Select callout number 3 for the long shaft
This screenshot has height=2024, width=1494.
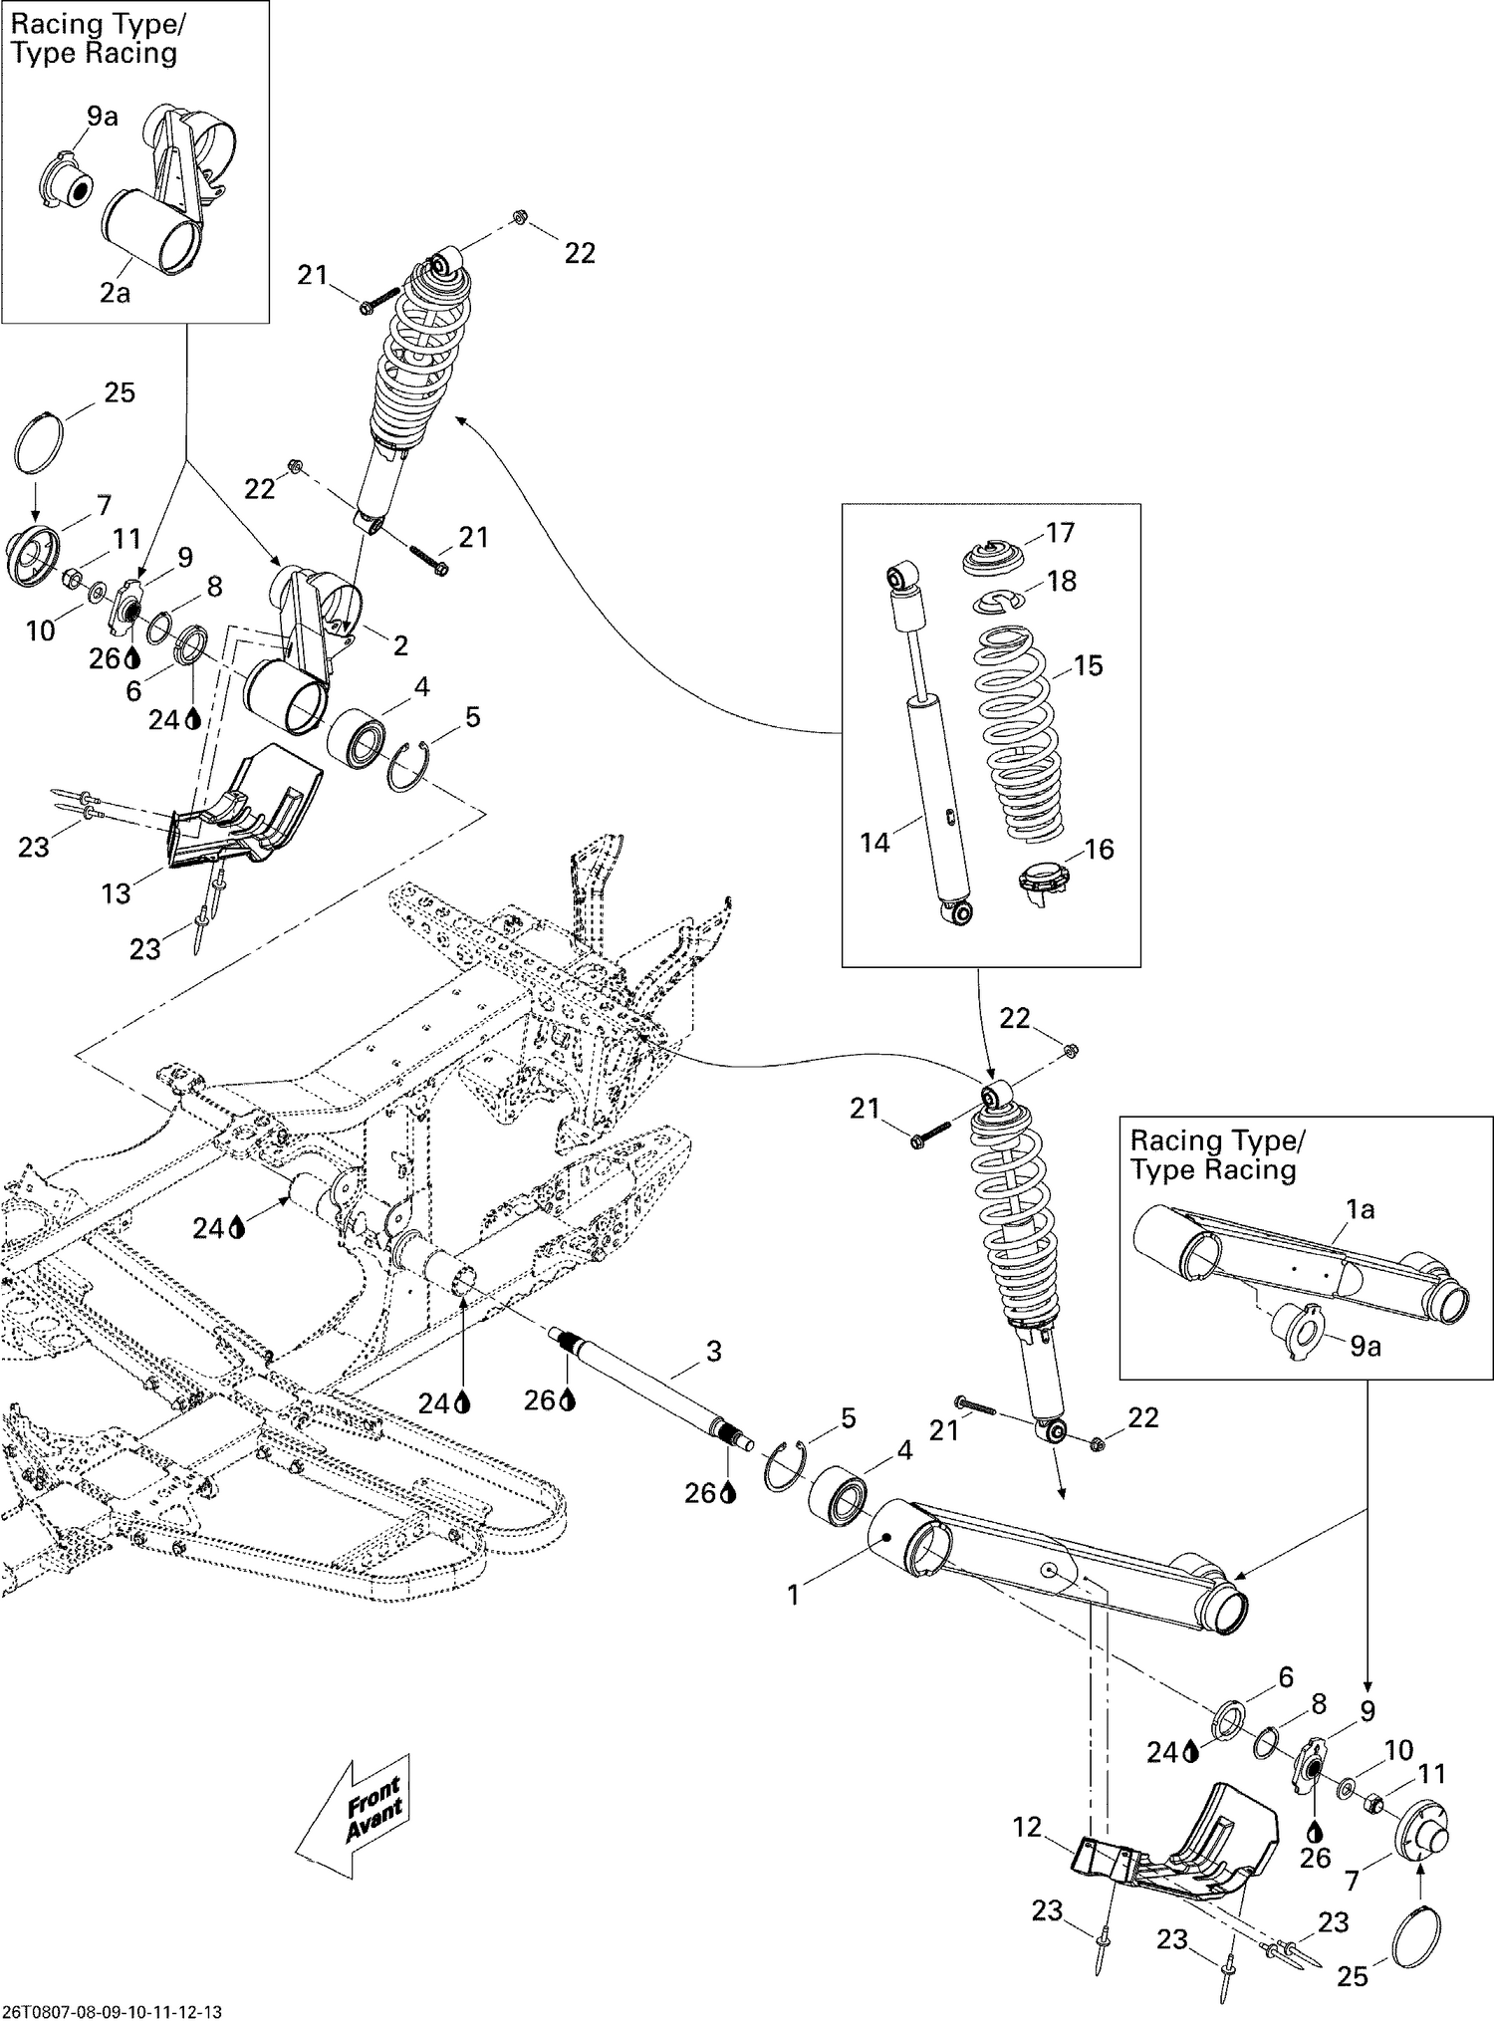point(713,1352)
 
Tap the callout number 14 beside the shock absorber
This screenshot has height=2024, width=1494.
point(874,843)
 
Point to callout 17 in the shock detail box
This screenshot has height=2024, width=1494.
point(1061,533)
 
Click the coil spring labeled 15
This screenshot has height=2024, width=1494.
point(1016,732)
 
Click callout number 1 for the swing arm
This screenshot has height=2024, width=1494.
point(794,1596)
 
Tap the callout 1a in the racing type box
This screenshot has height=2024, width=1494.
point(1361,1209)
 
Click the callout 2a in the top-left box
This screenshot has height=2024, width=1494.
point(115,293)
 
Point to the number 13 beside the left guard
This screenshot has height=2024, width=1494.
point(117,893)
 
